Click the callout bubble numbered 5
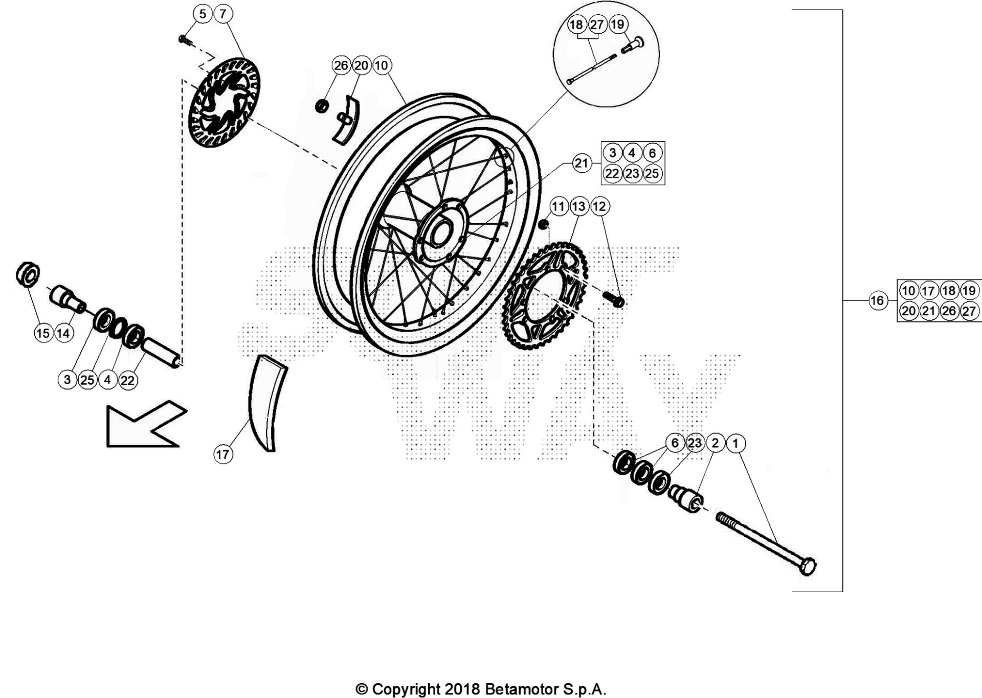point(203,14)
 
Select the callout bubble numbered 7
point(223,14)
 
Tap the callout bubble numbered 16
point(877,300)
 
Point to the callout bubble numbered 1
point(735,443)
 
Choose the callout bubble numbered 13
point(578,206)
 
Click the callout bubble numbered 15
point(43,334)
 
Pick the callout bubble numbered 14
point(63,334)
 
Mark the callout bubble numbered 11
point(558,206)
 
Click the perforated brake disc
point(225,102)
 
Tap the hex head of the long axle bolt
point(807,567)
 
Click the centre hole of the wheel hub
point(438,233)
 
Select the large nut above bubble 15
point(28,275)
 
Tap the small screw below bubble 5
point(184,39)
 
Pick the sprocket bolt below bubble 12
point(615,300)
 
